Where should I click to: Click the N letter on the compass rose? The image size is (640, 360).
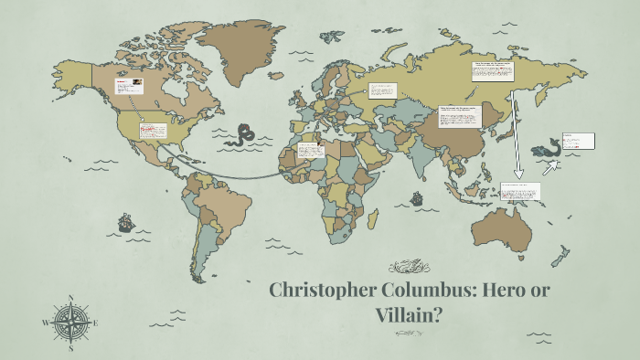[x=71, y=298]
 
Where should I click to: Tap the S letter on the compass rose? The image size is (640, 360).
[x=71, y=347]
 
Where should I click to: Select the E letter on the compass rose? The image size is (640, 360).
[x=96, y=323]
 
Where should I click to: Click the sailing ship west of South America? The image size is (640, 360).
[x=124, y=222]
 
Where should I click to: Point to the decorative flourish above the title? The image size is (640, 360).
[x=408, y=267]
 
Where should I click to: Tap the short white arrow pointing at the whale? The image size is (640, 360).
[x=551, y=167]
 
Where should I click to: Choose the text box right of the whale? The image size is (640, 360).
[x=578, y=141]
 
